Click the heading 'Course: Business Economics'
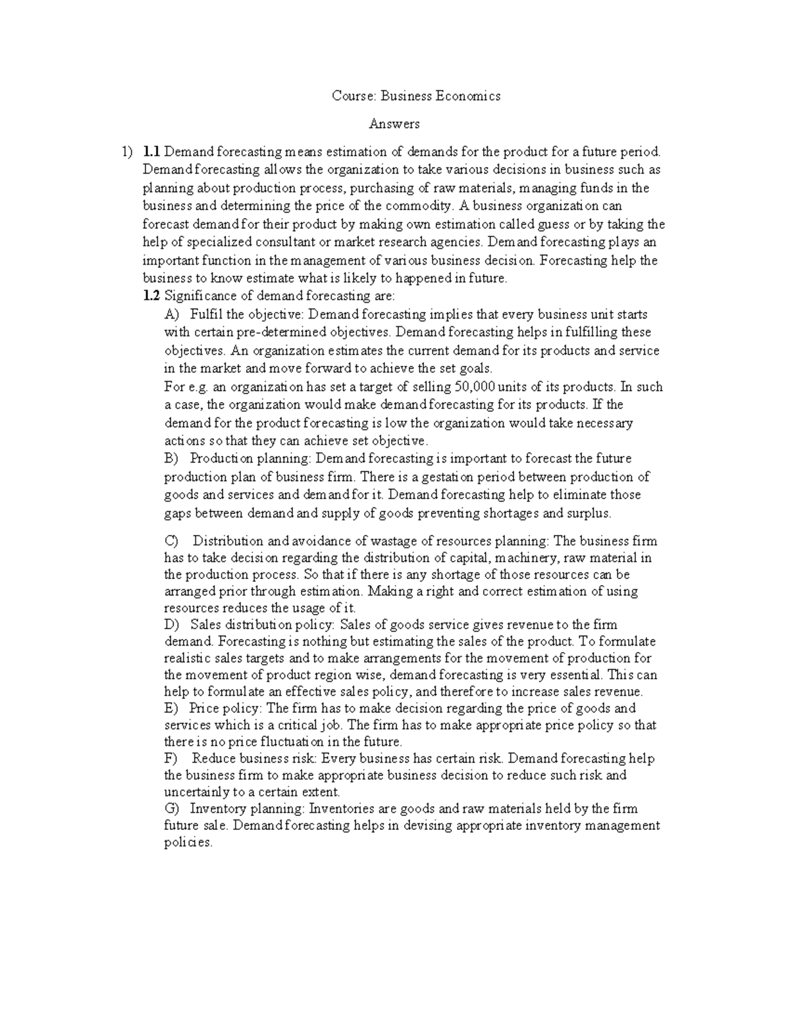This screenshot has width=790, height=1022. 415,96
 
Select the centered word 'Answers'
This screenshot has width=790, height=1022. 394,124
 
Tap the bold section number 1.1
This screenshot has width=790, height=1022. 151,152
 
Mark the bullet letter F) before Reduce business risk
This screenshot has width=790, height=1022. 171,758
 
